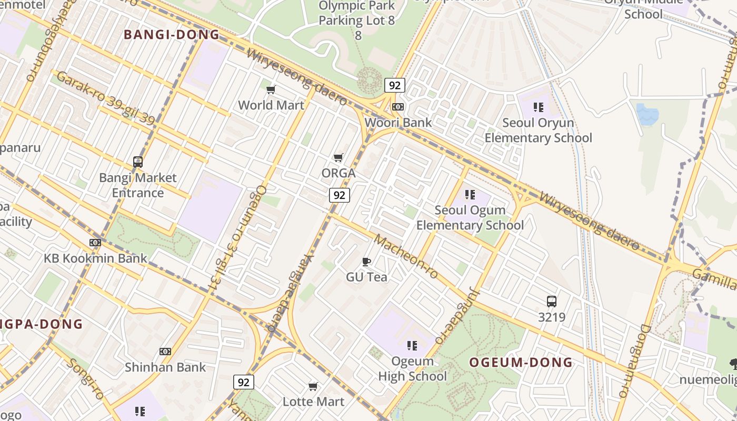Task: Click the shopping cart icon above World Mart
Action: point(271,89)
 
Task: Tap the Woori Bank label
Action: point(399,123)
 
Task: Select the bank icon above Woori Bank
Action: point(398,107)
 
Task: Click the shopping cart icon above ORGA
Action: point(338,157)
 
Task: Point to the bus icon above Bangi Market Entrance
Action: point(138,162)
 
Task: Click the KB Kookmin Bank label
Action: point(95,258)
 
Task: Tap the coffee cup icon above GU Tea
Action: point(366,262)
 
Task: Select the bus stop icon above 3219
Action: point(551,302)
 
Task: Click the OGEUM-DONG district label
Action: point(521,363)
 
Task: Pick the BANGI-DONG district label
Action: point(171,35)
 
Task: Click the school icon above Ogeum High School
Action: point(412,346)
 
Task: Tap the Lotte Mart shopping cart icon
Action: point(313,387)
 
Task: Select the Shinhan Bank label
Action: point(165,367)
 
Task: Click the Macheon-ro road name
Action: point(406,257)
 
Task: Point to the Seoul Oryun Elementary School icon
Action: point(538,107)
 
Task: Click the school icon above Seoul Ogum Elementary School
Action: point(470,195)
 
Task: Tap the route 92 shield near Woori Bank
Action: point(394,85)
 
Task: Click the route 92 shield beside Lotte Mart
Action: point(244,382)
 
